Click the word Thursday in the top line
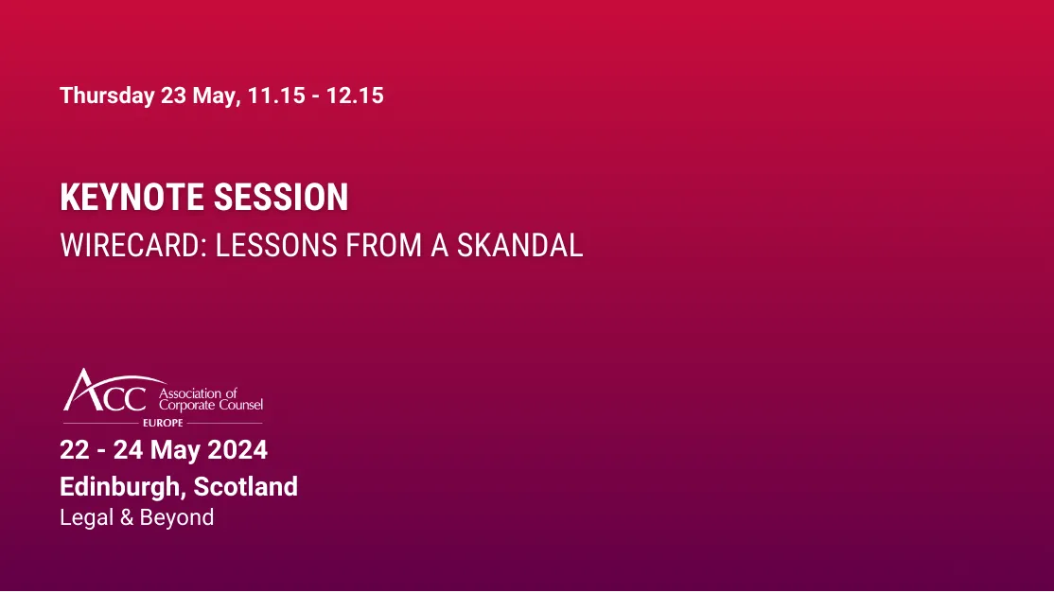pyautogui.click(x=107, y=96)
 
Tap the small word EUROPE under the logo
pyautogui.click(x=163, y=423)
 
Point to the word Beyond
pyautogui.click(x=177, y=518)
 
